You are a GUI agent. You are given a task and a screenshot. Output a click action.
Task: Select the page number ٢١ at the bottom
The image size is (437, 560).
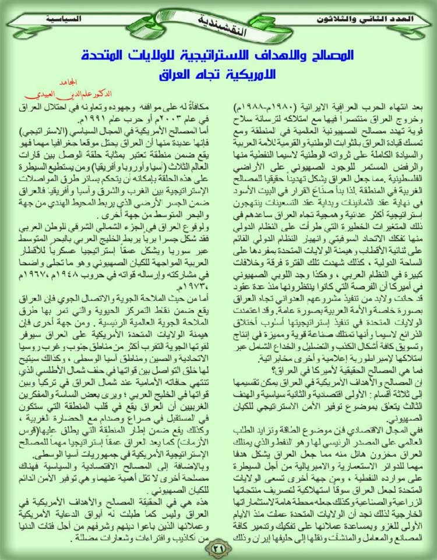pos(220,547)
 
